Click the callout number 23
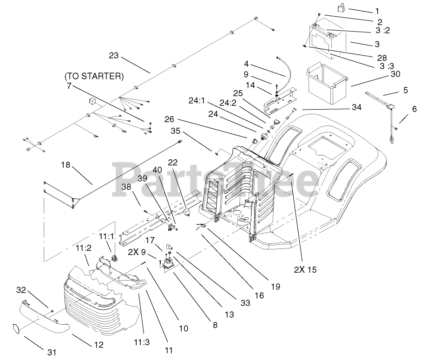[x=114, y=56]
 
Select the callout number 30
[x=395, y=74]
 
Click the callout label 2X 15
[x=305, y=269]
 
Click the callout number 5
[x=406, y=90]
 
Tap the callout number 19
[x=276, y=287]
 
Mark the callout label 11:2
[x=84, y=249]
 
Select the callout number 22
[x=173, y=162]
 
